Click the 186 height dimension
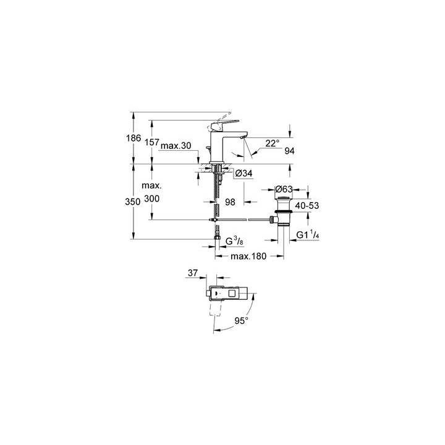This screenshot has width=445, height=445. (133, 138)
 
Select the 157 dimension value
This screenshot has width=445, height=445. (152, 142)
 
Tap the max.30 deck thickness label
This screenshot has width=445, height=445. (176, 146)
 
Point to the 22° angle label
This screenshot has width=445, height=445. (273, 143)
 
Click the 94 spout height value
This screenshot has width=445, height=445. (289, 151)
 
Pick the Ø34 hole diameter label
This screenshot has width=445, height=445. (244, 173)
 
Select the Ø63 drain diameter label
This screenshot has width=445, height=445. (284, 189)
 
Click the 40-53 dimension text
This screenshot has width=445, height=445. (307, 205)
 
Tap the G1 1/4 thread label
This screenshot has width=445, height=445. (308, 235)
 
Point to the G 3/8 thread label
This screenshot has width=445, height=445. (234, 241)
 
